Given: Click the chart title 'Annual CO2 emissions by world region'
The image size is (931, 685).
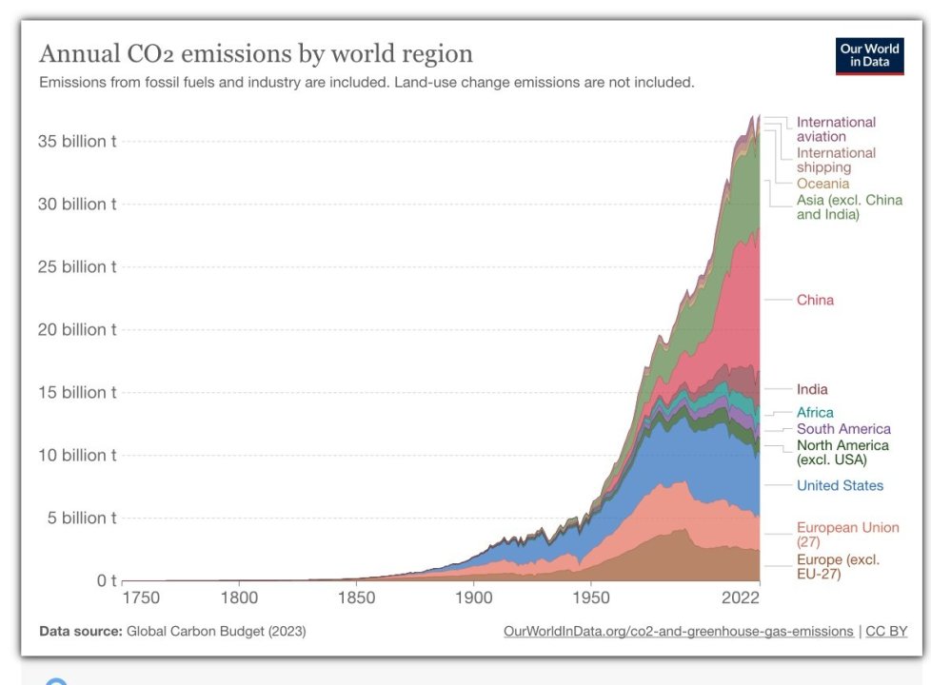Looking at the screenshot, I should pyautogui.click(x=255, y=52).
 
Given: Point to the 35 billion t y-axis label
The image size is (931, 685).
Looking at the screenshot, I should pyautogui.click(x=77, y=142).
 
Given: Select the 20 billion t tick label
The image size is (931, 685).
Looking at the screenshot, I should pyautogui.click(x=77, y=330).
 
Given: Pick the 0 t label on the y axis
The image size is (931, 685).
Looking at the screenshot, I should pyautogui.click(x=106, y=580).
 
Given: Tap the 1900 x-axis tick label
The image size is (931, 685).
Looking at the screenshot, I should pyautogui.click(x=473, y=598).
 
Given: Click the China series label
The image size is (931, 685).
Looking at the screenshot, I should pyautogui.click(x=815, y=301).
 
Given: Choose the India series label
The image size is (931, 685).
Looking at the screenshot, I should pyautogui.click(x=812, y=389).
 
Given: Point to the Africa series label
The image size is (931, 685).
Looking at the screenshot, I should pyautogui.click(x=815, y=413).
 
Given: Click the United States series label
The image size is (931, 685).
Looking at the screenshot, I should pyautogui.click(x=840, y=486).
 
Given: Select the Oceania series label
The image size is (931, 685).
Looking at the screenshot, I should pyautogui.click(x=822, y=184).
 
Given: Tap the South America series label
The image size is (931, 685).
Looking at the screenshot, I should pyautogui.click(x=843, y=429).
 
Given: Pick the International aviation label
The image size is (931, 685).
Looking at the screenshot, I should pyautogui.click(x=836, y=129).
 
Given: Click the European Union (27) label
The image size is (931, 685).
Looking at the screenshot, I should pyautogui.click(x=847, y=535).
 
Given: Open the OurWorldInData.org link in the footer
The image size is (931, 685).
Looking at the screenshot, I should pyautogui.click(x=678, y=632).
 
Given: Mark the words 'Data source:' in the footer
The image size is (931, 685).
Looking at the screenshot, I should pyautogui.click(x=80, y=632).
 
